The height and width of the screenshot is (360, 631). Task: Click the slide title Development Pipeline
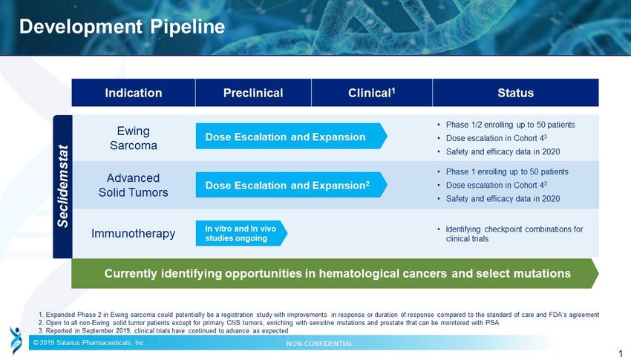tap(122, 27)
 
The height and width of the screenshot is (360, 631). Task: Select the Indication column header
tap(133, 93)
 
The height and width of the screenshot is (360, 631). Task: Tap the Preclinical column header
tap(253, 93)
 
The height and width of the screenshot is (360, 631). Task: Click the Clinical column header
tap(371, 93)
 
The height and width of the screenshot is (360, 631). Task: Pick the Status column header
tap(515, 93)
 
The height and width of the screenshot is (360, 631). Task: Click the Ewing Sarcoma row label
tap(133, 138)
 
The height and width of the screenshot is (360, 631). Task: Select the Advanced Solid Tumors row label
tap(133, 185)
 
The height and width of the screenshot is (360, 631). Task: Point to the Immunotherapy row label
tap(133, 233)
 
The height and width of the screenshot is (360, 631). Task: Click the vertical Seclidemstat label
tap(63, 186)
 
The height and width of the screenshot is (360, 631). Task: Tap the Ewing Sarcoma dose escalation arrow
tap(291, 137)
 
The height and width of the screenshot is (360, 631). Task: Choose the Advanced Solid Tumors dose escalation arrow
tap(291, 185)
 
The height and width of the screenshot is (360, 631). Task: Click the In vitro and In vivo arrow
tap(241, 233)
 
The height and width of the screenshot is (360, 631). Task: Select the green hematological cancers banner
tap(335, 273)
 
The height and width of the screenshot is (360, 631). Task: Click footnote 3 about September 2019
tap(163, 330)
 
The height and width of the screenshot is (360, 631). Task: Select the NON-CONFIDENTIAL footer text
tap(319, 344)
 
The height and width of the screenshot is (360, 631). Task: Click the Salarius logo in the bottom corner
tap(16, 340)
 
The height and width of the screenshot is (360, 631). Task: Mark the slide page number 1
tap(621, 353)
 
